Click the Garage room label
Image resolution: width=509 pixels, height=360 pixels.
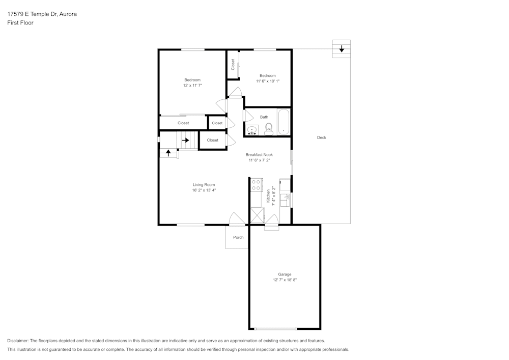[x=285, y=274]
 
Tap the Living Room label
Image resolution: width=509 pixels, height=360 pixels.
[x=204, y=185]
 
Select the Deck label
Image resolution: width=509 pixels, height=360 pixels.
[x=321, y=137]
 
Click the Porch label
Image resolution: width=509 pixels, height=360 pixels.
[x=238, y=237]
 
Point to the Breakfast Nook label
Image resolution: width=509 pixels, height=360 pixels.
[x=259, y=155]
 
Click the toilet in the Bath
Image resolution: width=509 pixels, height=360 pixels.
[x=269, y=129]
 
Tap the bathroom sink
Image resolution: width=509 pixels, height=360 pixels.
[x=252, y=131]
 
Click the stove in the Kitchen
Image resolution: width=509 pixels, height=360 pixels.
[x=256, y=185]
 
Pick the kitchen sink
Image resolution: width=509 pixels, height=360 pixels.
[x=286, y=196]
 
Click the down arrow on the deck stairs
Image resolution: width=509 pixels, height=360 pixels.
[x=341, y=49]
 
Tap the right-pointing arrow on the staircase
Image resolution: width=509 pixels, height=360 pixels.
[x=186, y=140]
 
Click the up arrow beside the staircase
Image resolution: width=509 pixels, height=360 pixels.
[x=168, y=152]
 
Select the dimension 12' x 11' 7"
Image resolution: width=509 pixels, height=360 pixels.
[x=192, y=86]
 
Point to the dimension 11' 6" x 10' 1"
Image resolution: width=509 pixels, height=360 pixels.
[x=268, y=81]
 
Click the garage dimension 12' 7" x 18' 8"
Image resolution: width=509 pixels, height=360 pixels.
[x=285, y=280]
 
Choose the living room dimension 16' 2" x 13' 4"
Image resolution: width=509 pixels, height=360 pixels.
[x=204, y=190]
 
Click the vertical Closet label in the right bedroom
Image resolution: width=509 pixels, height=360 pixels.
[x=233, y=65]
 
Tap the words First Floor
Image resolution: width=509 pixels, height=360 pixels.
[x=20, y=23]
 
